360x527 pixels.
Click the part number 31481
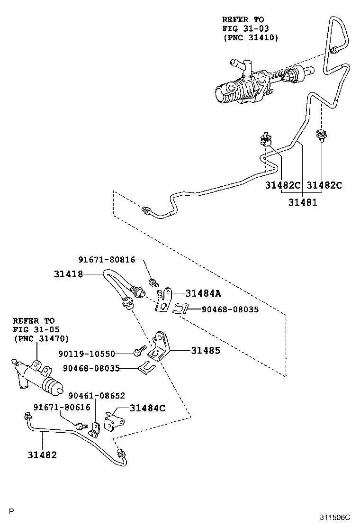pyautogui.click(x=303, y=202)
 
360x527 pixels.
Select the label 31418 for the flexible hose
pyautogui.click(x=68, y=274)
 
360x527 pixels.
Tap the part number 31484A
pyautogui.click(x=203, y=293)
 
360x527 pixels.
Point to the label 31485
pyautogui.click(x=206, y=351)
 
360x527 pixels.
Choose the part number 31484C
pyautogui.click(x=147, y=408)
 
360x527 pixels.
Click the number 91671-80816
pyautogui.click(x=107, y=260)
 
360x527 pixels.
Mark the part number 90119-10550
pyautogui.click(x=87, y=353)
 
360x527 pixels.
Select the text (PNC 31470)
pyautogui.click(x=41, y=338)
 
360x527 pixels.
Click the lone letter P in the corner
pyautogui.click(x=11, y=511)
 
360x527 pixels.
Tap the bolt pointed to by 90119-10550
pyautogui.click(x=138, y=352)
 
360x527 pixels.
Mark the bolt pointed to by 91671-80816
pyautogui.click(x=153, y=283)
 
